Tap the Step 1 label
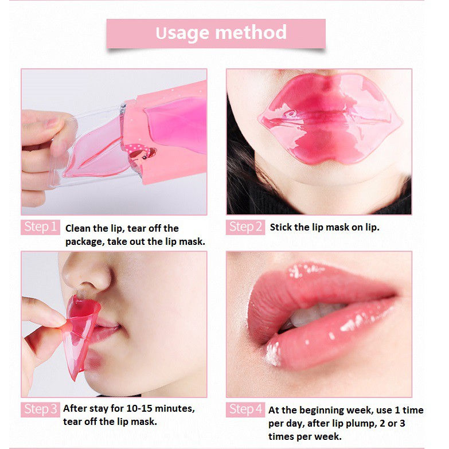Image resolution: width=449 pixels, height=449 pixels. pos(40,227)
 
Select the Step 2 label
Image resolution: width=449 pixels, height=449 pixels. pos(245,227)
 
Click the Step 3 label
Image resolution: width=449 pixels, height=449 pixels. pos(40,409)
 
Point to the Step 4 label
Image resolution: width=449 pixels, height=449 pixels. pos(245,409)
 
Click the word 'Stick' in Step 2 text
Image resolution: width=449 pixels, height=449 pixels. pos(280,227)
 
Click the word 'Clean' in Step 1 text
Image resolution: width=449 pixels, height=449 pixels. pos(79,228)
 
